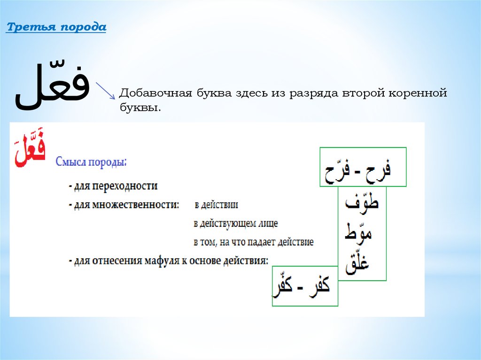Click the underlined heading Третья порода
coord(56,27)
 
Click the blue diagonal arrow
coord(105,91)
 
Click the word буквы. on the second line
coord(140,107)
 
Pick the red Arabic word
coord(30,148)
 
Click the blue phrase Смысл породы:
coord(91,161)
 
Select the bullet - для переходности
coord(113,186)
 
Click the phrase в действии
coord(216,205)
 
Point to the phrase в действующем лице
coord(236,223)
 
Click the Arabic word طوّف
coord(362,201)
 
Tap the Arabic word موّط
coord(358,232)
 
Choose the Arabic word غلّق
coord(357,263)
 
